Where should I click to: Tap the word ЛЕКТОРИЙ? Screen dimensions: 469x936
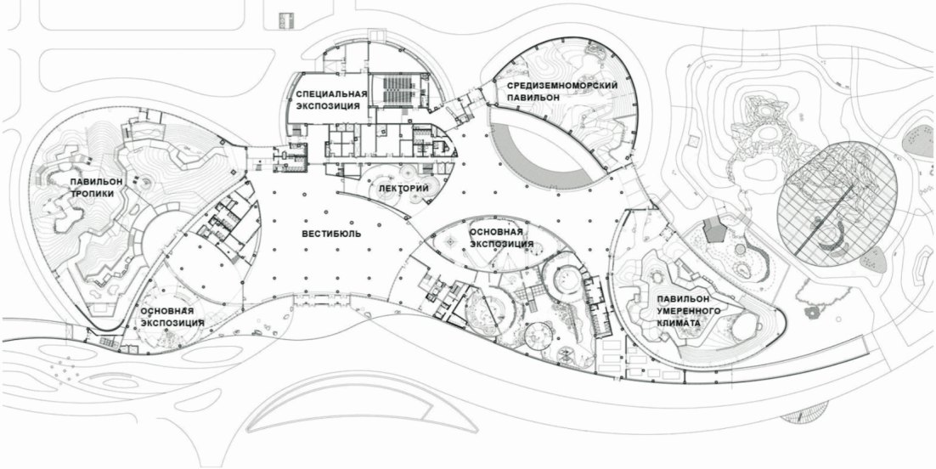tap(398, 188)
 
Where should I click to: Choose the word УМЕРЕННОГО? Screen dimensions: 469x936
tap(688, 312)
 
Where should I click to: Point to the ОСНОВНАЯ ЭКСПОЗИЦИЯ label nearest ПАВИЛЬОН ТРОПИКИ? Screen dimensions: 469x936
tap(172, 317)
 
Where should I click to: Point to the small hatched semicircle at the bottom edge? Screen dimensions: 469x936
tap(804, 416)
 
